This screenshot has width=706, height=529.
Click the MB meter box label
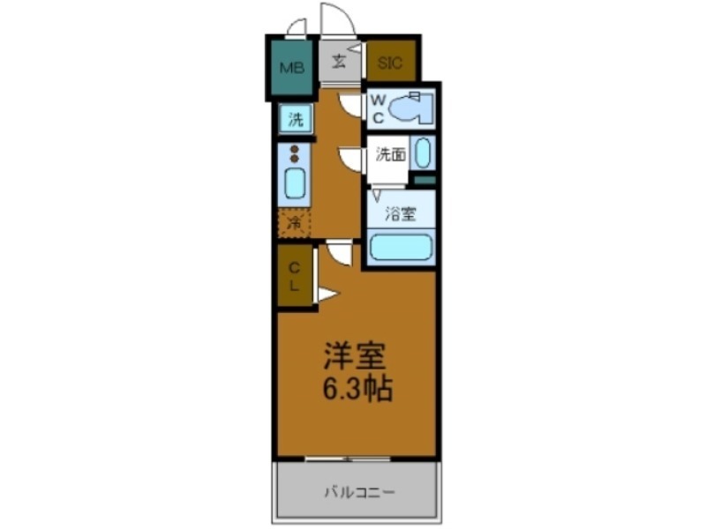291,67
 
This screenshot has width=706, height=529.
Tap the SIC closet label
390,63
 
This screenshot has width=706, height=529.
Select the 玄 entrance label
339,61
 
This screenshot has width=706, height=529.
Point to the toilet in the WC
409,108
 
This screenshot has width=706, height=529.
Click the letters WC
376,108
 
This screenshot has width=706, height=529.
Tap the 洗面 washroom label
390,155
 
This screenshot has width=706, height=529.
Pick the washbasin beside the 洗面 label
423,153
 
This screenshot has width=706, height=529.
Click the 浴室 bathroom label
400,213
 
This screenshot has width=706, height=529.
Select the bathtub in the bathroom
400,245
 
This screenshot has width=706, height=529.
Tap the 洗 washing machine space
294,118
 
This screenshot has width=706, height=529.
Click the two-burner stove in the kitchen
294,153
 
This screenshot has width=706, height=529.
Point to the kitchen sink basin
294,183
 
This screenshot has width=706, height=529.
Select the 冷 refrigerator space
295,224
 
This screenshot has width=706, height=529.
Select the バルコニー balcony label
358,490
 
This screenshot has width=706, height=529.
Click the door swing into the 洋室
340,253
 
